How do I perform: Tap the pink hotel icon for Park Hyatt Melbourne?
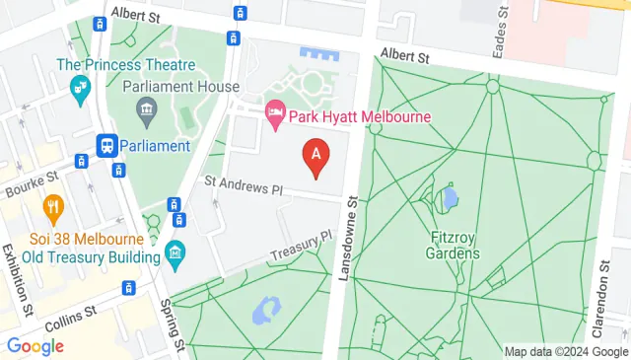coord(276,116)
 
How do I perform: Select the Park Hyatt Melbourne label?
coord(361,117)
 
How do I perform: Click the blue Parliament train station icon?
coord(106,146)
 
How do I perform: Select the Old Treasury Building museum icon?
coord(175,252)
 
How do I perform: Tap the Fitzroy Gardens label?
coord(455,245)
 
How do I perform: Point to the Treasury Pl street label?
coord(302,247)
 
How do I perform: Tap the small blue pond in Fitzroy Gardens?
coord(450,199)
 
